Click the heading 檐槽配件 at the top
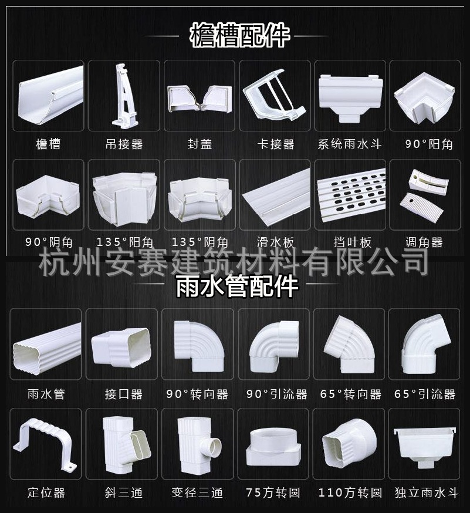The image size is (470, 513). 239,36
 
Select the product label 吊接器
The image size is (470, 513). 124,144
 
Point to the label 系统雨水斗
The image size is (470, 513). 350,144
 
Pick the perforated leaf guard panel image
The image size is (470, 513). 350,194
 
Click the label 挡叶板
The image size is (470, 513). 350,242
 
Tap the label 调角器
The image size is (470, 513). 424,242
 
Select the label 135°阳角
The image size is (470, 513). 124,242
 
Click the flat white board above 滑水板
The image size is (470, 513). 275,194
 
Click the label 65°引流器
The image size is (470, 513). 425,394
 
